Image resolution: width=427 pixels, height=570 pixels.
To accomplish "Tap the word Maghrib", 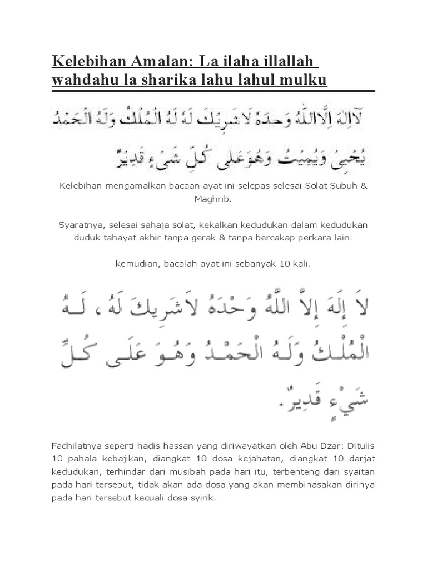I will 213,198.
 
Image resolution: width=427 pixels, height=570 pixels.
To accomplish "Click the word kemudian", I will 137,263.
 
